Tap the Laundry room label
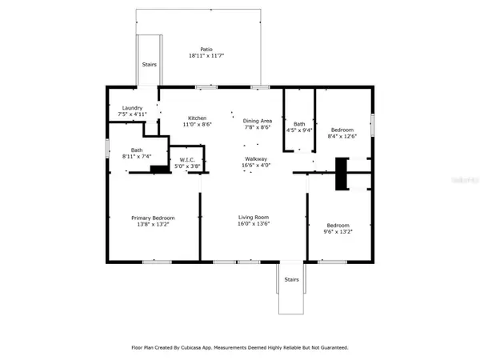click(132, 108)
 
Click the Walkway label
click(256, 159)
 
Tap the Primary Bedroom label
click(153, 218)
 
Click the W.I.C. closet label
click(187, 159)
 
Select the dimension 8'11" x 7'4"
click(135, 156)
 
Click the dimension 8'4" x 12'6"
click(342, 135)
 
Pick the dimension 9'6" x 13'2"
click(337, 231)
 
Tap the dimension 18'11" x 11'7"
click(206, 56)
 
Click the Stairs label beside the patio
click(149, 65)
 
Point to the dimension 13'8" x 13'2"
click(153, 225)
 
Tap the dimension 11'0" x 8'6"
click(198, 125)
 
